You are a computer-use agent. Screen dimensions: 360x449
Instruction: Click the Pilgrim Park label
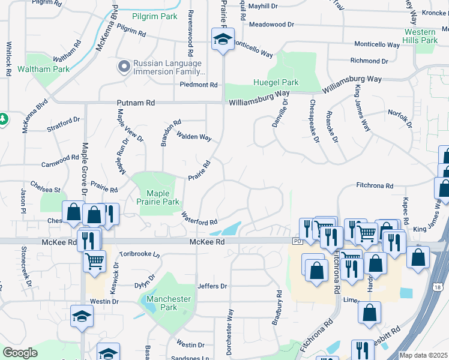click(155, 17)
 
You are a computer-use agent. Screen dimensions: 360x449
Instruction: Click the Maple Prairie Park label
click(158, 198)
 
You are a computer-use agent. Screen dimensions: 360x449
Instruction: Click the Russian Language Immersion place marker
click(124, 66)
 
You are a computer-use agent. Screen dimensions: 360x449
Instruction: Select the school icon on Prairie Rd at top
click(223, 40)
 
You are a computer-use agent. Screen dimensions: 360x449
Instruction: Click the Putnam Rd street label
click(137, 103)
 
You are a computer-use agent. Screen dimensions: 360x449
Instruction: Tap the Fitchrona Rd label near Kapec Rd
click(374, 187)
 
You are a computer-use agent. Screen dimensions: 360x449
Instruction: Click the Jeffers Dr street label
click(212, 286)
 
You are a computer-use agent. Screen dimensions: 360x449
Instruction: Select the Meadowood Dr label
click(271, 25)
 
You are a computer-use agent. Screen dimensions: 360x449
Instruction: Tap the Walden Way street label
click(193, 137)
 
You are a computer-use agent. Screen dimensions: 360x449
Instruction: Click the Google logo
click(20, 353)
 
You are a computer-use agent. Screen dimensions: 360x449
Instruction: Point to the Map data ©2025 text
click(423, 355)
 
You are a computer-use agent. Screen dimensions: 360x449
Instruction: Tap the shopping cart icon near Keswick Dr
click(95, 260)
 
